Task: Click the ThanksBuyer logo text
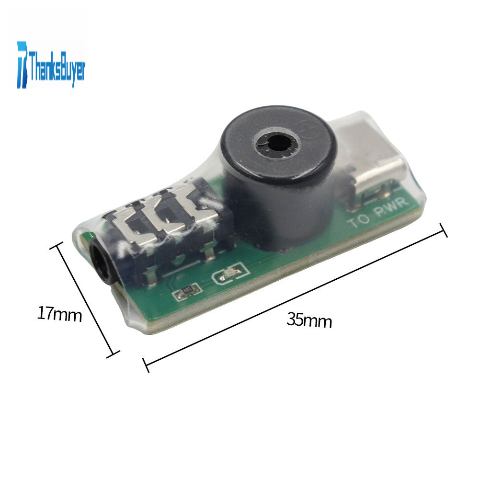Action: click(x=57, y=67)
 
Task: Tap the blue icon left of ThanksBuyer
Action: click(x=22, y=65)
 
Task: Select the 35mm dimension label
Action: click(x=309, y=320)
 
